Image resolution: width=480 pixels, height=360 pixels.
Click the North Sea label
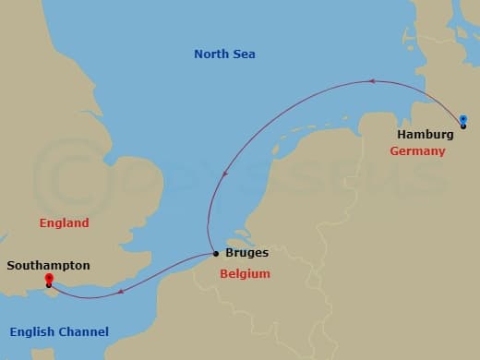(224, 54)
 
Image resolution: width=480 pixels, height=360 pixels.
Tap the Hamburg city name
(425, 135)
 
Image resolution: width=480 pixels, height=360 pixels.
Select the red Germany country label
(417, 151)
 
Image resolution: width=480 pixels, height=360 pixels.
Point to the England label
(64, 223)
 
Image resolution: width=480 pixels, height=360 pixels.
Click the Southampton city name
(48, 265)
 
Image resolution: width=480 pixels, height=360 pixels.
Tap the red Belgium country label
(245, 274)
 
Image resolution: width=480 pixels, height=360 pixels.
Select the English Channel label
(59, 332)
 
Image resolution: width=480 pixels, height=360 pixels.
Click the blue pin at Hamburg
(463, 119)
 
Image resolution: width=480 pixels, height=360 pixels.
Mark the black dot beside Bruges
(216, 253)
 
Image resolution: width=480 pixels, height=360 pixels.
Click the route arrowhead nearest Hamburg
(371, 81)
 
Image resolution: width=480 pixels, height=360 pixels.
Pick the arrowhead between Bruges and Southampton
(119, 294)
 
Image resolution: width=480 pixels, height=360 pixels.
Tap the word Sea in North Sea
(244, 54)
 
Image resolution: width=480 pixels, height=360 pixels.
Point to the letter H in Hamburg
(402, 135)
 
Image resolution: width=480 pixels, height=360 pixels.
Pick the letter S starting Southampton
(10, 265)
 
